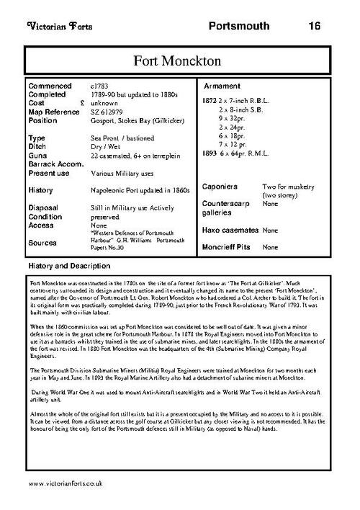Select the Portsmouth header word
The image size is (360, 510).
(239, 27)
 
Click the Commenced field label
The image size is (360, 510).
(49, 86)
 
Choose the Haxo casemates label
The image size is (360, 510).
(230, 230)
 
